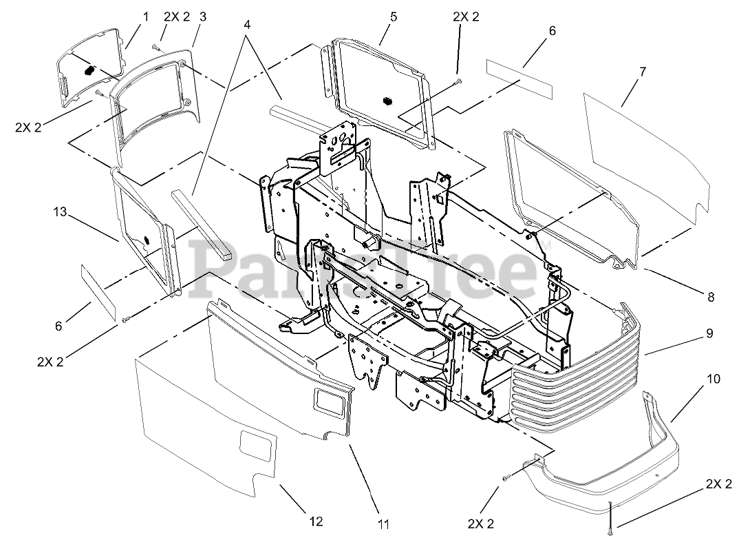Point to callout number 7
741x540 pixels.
[643, 72]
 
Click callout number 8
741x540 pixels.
[710, 298]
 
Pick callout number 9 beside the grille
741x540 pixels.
[709, 333]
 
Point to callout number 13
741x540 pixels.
[59, 212]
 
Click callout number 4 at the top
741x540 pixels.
[246, 23]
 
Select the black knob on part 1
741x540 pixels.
[89, 70]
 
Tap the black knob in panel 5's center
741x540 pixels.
[387, 101]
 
